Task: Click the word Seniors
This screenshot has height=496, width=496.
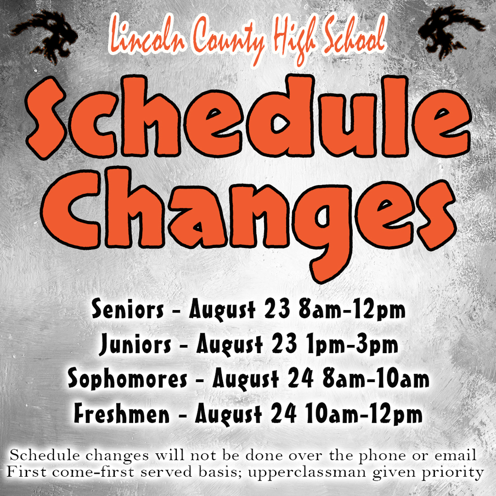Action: pos(128,309)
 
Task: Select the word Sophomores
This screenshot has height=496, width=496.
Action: pos(127,378)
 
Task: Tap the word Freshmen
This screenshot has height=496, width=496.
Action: pos(122,413)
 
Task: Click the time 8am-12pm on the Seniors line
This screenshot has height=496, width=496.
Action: pos(352,310)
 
